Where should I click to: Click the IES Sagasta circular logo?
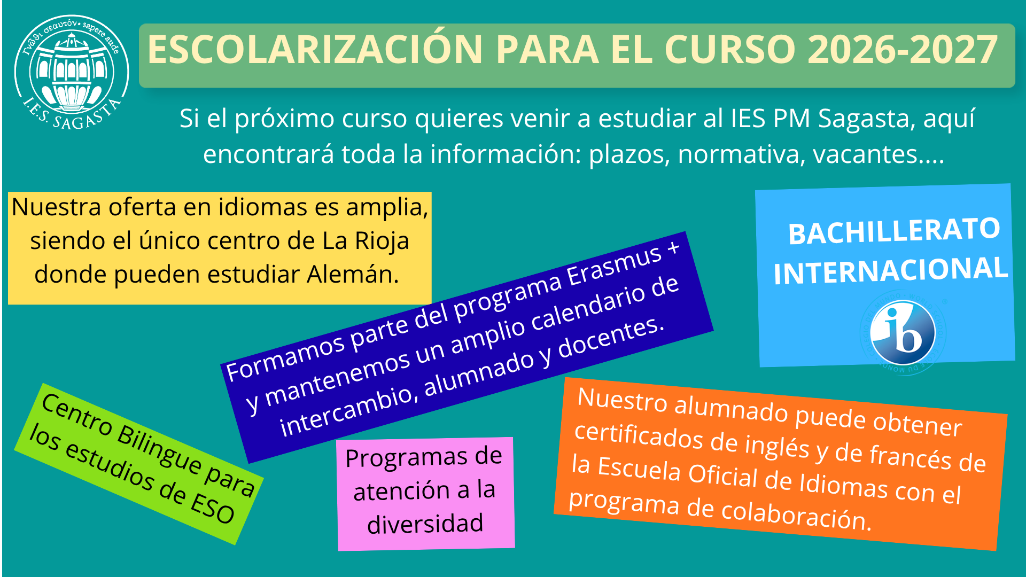pos(72,72)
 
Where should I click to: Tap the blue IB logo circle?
pos(903,332)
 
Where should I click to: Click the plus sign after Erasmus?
pos(673,247)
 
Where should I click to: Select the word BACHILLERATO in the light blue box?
pos(894,231)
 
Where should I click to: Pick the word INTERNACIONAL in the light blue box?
pos(891,270)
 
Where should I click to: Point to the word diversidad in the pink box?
pos(425,524)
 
